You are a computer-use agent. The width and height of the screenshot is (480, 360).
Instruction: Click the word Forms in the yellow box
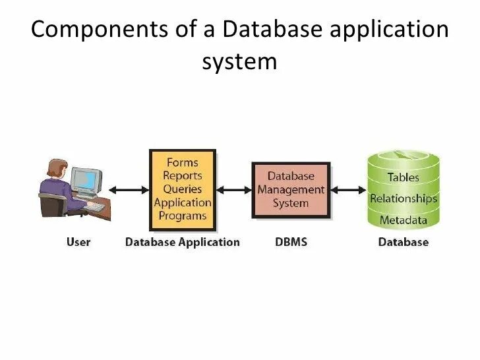tap(183, 162)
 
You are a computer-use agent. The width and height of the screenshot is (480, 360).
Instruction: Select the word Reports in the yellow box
tap(183, 175)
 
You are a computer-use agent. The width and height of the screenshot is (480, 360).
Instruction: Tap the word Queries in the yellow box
tap(183, 189)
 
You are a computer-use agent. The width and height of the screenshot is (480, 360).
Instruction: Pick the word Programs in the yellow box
tap(183, 216)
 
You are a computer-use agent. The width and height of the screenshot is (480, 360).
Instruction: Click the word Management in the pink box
tap(291, 190)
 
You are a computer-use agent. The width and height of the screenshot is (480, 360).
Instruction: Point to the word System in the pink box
tap(291, 203)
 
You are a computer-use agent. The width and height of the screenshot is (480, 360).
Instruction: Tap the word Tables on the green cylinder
tap(403, 177)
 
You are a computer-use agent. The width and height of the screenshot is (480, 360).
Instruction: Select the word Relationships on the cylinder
tap(404, 198)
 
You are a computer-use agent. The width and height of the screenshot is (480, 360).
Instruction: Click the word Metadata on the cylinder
tap(403, 220)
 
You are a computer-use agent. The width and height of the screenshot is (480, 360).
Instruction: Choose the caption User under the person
tap(78, 242)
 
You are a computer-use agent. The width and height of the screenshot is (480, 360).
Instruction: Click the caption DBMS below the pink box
tap(291, 242)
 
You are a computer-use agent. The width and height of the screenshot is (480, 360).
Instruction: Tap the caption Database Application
tap(183, 243)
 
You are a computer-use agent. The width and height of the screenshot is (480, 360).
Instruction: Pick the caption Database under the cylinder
tap(404, 242)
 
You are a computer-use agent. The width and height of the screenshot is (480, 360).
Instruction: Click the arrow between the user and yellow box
tap(129, 190)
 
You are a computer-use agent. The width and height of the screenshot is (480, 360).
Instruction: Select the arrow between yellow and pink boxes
tap(234, 190)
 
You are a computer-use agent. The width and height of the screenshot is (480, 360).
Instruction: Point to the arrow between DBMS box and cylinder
tap(348, 190)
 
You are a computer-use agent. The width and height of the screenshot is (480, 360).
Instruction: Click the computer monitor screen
tap(86, 180)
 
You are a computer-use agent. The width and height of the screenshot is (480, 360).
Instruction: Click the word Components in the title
tap(100, 30)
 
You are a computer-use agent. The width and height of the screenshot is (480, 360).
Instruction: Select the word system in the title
tap(240, 62)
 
